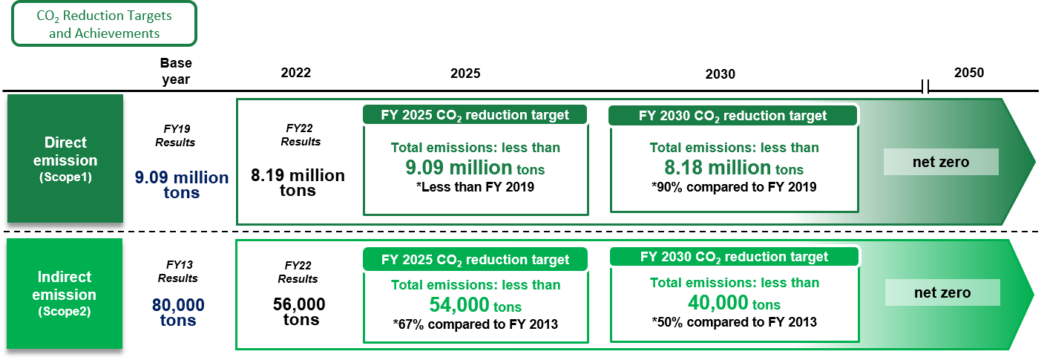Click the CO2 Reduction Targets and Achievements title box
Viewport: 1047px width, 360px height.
point(104,24)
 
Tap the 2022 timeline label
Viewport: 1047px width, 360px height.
point(296,73)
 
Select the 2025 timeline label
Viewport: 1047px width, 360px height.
point(465,73)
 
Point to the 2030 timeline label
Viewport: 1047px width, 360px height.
point(721,74)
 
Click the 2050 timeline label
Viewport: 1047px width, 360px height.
point(969,73)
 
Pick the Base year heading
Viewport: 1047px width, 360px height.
point(176,71)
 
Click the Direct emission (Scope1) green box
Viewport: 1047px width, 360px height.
point(65,159)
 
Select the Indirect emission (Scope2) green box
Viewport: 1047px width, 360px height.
point(65,294)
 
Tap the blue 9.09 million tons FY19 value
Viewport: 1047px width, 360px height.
point(182,185)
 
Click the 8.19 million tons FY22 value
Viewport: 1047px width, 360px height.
point(298,183)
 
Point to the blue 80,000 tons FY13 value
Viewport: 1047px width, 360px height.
point(178,312)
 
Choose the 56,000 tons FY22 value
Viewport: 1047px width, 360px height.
point(300,311)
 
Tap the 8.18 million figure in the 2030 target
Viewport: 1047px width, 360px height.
point(718,167)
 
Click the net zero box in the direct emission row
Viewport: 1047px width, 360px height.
point(941,162)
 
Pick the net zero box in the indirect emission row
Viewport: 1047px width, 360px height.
point(942,292)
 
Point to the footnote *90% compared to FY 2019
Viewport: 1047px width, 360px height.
point(734,187)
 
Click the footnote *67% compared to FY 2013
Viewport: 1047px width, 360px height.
point(476,324)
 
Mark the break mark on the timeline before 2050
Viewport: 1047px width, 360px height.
point(925,87)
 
